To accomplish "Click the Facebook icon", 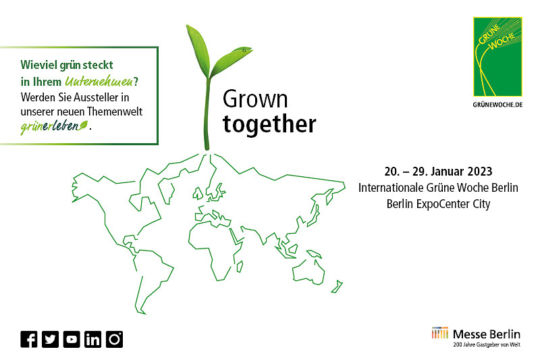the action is (29, 339).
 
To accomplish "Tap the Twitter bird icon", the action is (50, 339).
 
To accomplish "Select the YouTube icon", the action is (72, 339).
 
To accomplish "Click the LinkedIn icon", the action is (93, 339).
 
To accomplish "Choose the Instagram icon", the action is (114, 339).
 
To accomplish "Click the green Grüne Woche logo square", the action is (497, 57).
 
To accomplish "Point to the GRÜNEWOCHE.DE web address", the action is (497, 105).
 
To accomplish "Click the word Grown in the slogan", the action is (255, 99).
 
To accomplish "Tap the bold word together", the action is (269, 124).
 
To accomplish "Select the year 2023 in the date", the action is (480, 172).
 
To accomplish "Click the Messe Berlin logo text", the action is (486, 334).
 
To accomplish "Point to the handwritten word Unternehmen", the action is (99, 81).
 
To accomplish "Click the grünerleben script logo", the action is (54, 126).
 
